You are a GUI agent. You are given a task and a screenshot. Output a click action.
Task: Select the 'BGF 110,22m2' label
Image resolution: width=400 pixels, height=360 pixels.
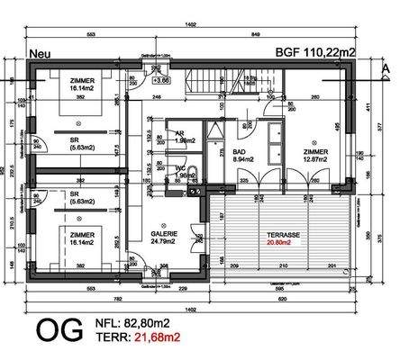pos(315,53)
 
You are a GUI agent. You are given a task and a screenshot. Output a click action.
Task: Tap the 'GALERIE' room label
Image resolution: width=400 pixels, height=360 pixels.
pos(164,232)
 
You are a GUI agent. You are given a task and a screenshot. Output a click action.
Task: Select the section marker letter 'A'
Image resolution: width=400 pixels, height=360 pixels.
pos(384,54)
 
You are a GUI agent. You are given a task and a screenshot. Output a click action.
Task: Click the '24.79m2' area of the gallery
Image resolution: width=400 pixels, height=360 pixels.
pos(164,241)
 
